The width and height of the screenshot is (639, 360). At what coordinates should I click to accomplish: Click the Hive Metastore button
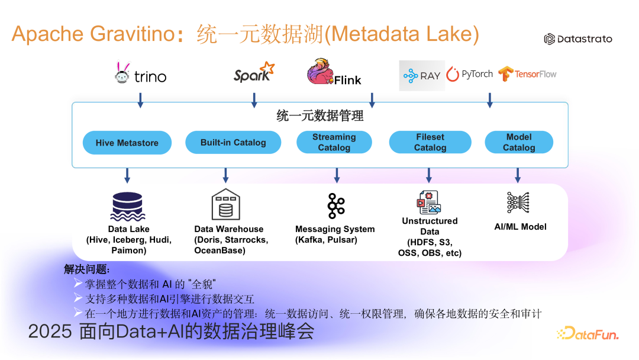(x=127, y=143)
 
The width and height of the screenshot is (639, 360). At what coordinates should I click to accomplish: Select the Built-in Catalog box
(x=233, y=142)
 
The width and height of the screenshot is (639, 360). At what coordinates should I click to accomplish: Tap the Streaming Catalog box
(x=334, y=142)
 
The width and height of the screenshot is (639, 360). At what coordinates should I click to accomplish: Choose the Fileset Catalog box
(x=430, y=142)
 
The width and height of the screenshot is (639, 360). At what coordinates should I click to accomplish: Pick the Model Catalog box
(x=519, y=142)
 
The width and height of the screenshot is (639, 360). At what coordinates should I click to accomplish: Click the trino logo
(x=140, y=75)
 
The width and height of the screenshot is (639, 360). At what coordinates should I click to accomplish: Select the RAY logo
(x=422, y=75)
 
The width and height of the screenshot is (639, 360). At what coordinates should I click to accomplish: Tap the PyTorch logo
(x=470, y=74)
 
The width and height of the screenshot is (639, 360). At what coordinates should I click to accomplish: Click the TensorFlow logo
(x=527, y=74)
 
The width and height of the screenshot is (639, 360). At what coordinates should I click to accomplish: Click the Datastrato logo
(x=578, y=39)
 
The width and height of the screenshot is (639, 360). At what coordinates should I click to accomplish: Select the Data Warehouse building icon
(x=225, y=204)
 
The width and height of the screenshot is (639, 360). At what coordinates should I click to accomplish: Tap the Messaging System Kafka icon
(x=336, y=205)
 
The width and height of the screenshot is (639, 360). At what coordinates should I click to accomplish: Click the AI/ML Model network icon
(x=518, y=202)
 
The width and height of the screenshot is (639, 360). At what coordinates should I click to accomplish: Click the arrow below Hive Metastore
(x=127, y=175)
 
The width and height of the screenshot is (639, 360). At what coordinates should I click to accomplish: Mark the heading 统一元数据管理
(x=319, y=116)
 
